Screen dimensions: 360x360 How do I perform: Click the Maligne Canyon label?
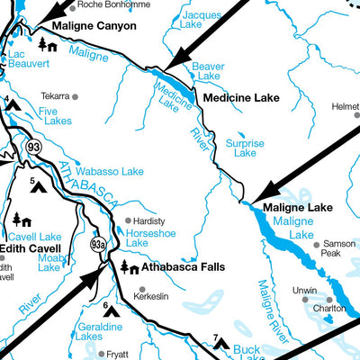coord(94,26)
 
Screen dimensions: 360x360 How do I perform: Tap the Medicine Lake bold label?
coord(241,97)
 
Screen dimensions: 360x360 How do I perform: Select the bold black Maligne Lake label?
coord(297,208)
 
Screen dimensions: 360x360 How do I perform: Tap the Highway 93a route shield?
coord(98,244)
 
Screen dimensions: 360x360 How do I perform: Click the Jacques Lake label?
coord(200,21)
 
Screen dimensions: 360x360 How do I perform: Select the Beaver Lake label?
coord(208,73)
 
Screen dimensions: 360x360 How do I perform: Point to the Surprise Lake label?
coord(245,148)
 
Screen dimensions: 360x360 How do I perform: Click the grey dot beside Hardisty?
coord(128,220)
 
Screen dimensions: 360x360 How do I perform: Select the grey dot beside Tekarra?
coord(76,96)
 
